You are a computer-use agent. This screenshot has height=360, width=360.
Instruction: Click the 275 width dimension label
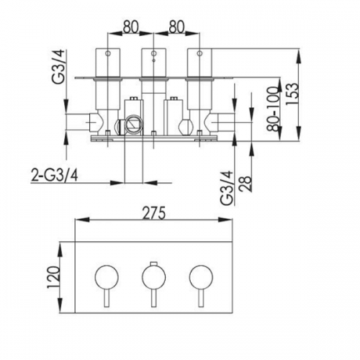coord(154,213)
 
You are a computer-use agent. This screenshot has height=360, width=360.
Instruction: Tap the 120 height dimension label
coord(53,277)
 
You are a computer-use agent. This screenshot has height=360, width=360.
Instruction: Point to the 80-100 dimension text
coord(274,109)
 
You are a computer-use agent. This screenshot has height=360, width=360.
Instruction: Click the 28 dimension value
coord(246,184)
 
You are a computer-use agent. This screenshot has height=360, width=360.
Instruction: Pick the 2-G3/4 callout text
coord(55,176)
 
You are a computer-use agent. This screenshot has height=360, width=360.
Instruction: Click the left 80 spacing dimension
coord(131,27)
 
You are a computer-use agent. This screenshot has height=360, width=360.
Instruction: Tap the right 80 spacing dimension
coord(176,27)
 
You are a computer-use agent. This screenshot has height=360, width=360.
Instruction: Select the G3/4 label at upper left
coord(58,66)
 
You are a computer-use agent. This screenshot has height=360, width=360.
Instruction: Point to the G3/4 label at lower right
coord(227,188)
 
